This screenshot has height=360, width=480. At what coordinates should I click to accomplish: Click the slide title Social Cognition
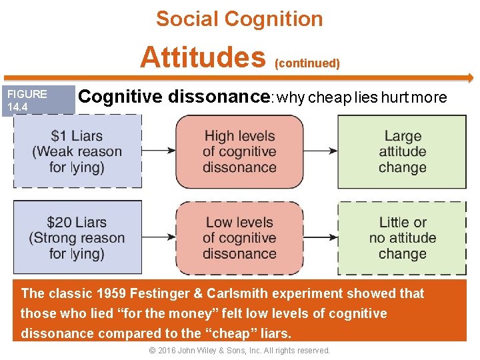pos(239,19)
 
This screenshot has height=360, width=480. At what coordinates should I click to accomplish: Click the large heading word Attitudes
pos(203,57)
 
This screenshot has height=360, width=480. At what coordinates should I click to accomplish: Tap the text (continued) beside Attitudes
pos(307,63)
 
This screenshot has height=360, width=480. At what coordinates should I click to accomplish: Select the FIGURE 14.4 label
pos(27,100)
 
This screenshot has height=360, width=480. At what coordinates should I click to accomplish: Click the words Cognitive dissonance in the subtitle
pos(173,97)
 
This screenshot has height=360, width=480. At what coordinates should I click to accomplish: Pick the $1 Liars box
pos(77,151)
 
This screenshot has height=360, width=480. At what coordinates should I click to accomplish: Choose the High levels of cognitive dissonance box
pos(239,151)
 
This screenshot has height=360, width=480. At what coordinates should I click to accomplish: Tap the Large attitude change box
pos(402,151)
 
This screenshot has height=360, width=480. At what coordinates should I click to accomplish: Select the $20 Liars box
pos(77,237)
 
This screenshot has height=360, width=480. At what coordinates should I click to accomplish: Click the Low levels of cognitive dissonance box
pos(239,237)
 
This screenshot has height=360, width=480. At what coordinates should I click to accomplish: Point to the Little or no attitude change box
pos(402,237)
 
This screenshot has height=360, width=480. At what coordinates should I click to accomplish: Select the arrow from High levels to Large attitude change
pos(320,151)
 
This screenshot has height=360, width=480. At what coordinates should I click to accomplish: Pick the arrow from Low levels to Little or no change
pos(320,237)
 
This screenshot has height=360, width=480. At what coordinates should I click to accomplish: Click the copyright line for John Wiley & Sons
pos(239,351)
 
